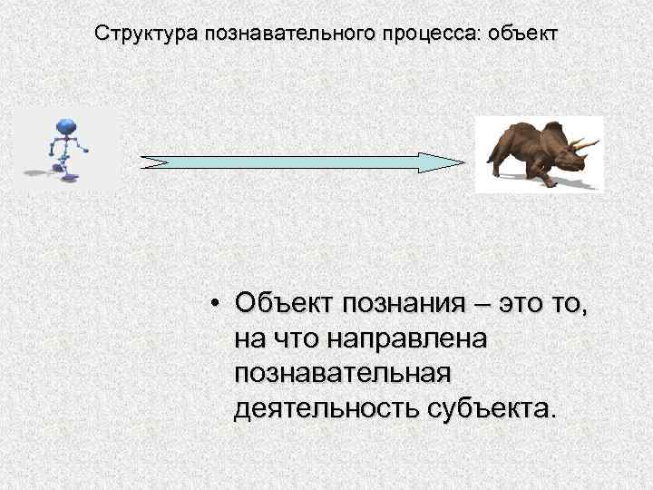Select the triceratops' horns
[585, 145]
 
